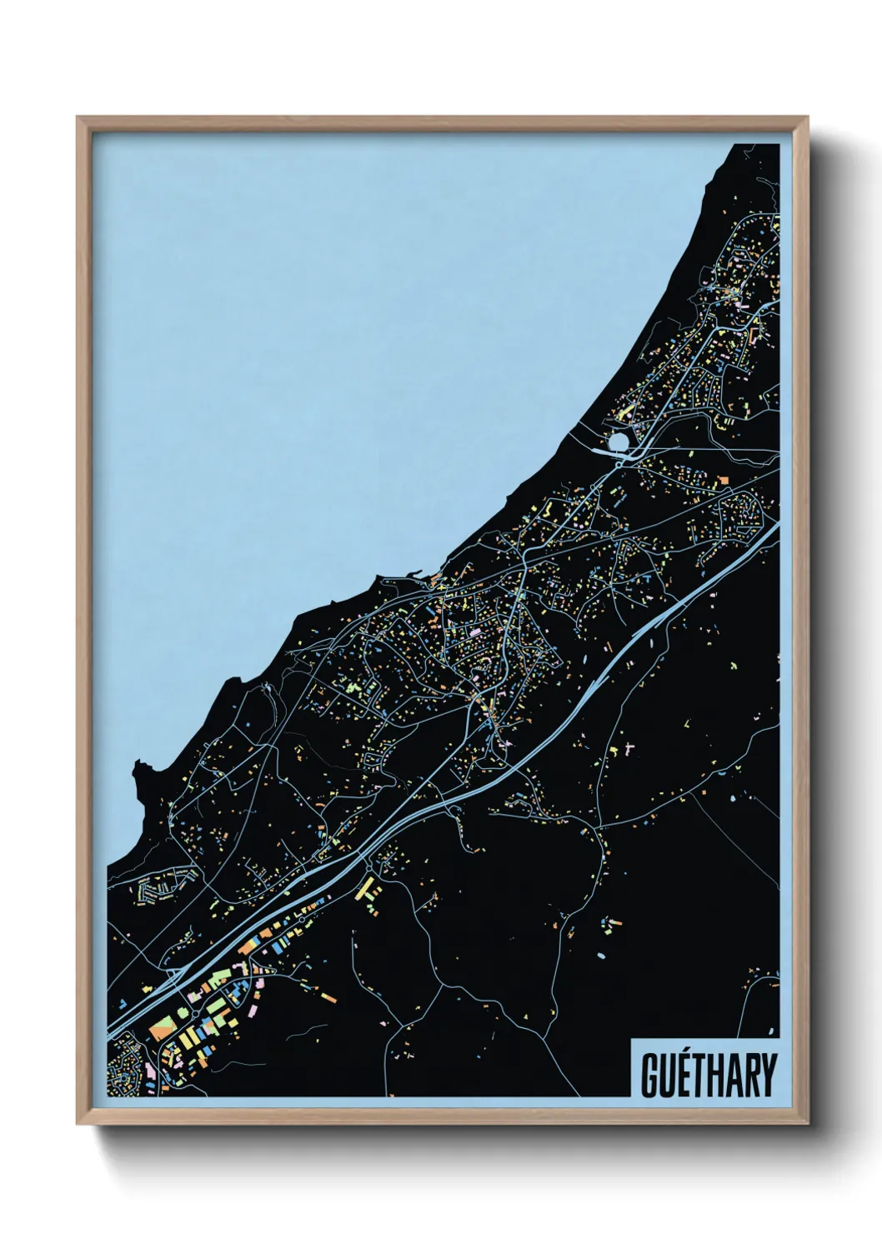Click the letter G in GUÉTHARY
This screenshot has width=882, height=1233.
click(650, 1076)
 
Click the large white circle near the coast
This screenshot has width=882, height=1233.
click(619, 442)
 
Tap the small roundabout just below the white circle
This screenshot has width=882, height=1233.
click(621, 456)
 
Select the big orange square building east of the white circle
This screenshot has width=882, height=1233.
click(723, 480)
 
